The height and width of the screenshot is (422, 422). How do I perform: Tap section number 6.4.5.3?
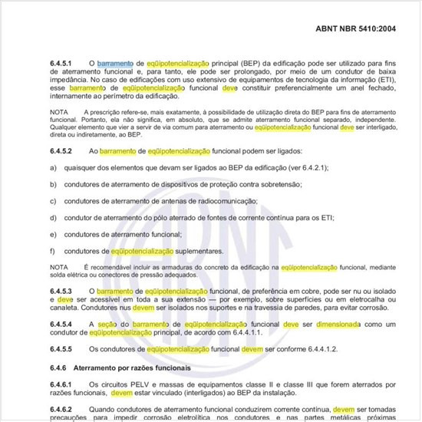64,292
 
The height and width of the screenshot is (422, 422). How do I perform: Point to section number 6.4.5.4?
64,325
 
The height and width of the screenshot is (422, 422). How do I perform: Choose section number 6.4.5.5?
64,349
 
